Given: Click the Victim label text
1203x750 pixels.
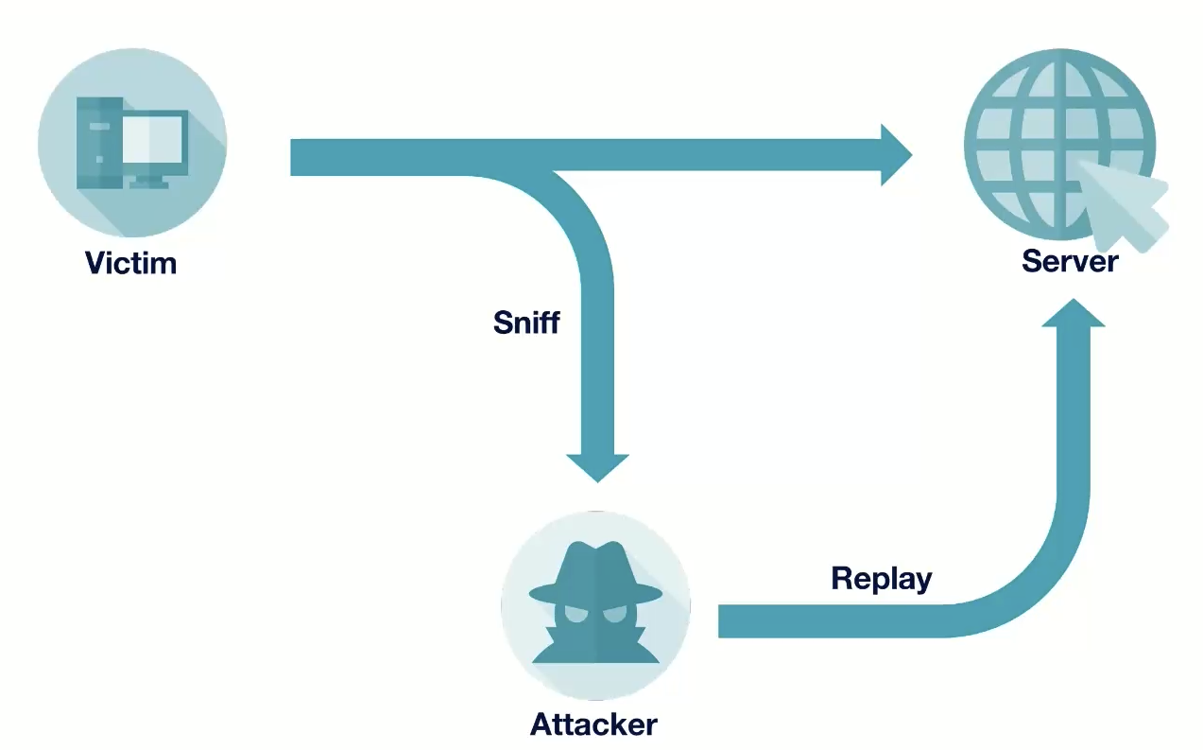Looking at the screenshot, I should pyautogui.click(x=130, y=262).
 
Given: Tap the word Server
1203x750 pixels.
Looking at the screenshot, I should pyautogui.click(x=1070, y=260).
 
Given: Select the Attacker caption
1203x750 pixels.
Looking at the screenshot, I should pyautogui.click(x=593, y=725).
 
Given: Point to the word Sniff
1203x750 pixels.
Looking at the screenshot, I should pyautogui.click(x=526, y=323).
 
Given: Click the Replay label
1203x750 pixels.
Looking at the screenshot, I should pyautogui.click(x=881, y=578).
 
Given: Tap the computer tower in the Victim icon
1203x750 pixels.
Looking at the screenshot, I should pyautogui.click(x=99, y=140).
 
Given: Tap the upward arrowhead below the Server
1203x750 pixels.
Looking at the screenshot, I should pyautogui.click(x=1073, y=315).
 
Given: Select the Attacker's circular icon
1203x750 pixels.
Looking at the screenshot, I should pyautogui.click(x=595, y=605).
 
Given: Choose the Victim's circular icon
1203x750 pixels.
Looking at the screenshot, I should pyautogui.click(x=132, y=142).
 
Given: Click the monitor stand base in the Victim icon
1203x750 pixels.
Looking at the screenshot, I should pyautogui.click(x=149, y=183).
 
